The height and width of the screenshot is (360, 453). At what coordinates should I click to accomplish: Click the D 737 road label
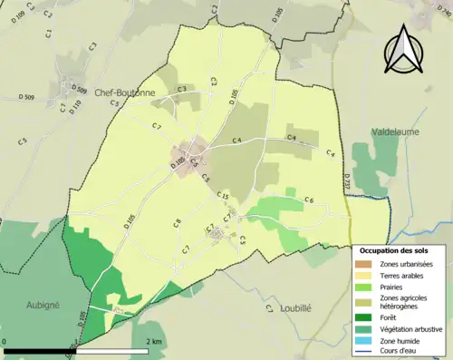point(345,181)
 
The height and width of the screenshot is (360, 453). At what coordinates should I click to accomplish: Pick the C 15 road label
point(222,198)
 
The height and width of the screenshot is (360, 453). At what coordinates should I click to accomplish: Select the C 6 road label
point(308,199)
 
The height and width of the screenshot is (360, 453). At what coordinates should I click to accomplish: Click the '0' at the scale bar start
point(6,341)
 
